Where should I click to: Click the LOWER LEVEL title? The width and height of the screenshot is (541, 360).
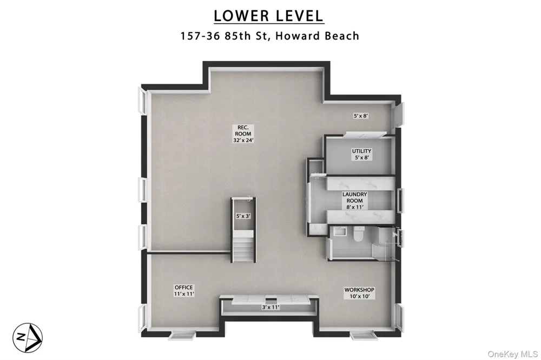tap(268, 16)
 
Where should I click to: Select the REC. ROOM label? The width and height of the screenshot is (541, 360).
tap(243, 130)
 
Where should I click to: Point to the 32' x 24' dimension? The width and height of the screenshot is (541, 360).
tap(243, 140)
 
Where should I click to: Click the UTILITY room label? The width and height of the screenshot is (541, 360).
tap(361, 151)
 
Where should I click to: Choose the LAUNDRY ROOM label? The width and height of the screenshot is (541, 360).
tap(355, 197)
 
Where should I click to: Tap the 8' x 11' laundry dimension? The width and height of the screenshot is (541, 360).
tap(355, 207)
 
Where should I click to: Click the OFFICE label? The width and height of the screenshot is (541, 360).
tap(183, 287)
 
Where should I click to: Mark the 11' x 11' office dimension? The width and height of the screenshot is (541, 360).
tap(184, 294)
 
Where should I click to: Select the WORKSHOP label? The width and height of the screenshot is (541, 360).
tap(359, 290)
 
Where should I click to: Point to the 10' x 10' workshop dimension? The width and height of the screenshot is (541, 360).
tap(359, 296)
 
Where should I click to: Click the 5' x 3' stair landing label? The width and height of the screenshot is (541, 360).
tap(243, 216)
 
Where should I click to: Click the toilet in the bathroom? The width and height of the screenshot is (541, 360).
tap(357, 235)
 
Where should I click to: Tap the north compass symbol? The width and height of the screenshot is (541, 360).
tap(28, 338)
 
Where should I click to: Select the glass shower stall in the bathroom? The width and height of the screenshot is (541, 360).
tap(386, 242)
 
